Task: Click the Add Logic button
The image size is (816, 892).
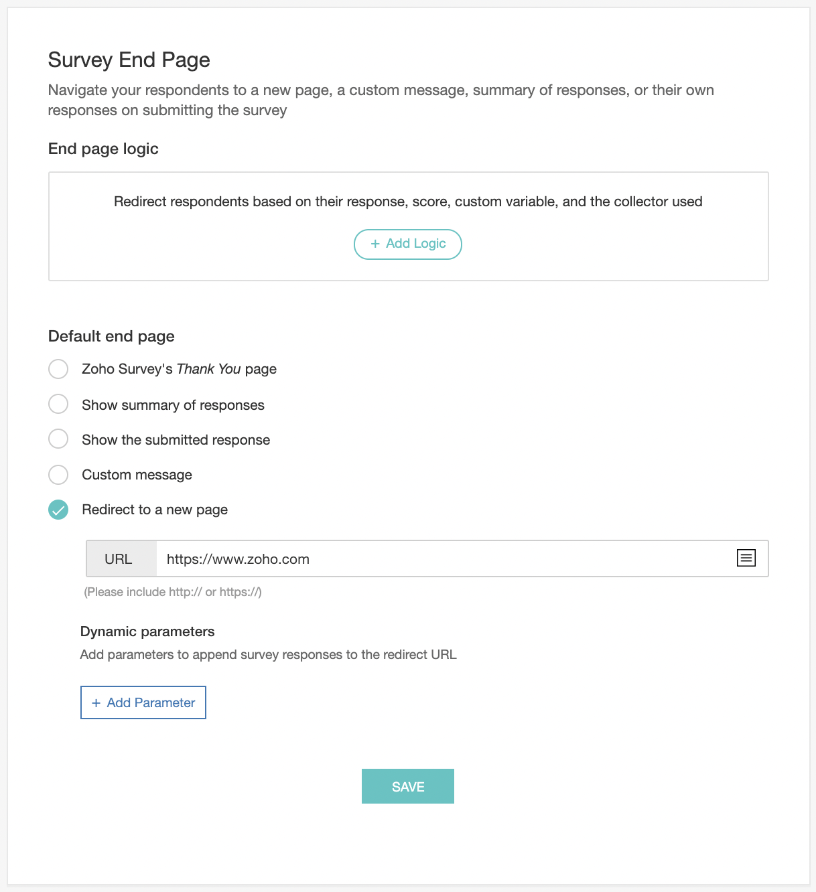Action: click(x=408, y=244)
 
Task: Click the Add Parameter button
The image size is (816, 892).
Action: click(x=143, y=702)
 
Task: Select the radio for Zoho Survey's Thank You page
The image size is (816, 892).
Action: click(x=58, y=369)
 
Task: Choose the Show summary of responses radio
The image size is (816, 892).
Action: click(x=58, y=404)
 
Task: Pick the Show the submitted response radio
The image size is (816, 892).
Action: click(x=58, y=439)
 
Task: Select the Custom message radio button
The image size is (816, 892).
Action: click(x=58, y=475)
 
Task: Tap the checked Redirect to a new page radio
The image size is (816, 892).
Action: click(x=58, y=510)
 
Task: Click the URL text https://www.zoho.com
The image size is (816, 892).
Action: click(x=238, y=559)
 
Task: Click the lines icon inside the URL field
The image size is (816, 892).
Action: click(x=746, y=558)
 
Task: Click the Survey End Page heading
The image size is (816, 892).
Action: click(x=129, y=60)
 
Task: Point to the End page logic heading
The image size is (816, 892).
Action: click(x=103, y=149)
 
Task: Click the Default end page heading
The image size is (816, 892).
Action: click(x=111, y=336)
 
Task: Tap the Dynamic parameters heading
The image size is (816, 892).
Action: click(x=147, y=631)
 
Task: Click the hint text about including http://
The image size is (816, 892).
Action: click(x=173, y=592)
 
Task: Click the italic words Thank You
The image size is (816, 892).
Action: click(x=208, y=369)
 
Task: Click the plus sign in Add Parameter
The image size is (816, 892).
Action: click(x=96, y=703)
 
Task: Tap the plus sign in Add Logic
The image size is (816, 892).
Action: click(x=375, y=244)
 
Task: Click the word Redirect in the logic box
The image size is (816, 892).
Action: click(x=140, y=202)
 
